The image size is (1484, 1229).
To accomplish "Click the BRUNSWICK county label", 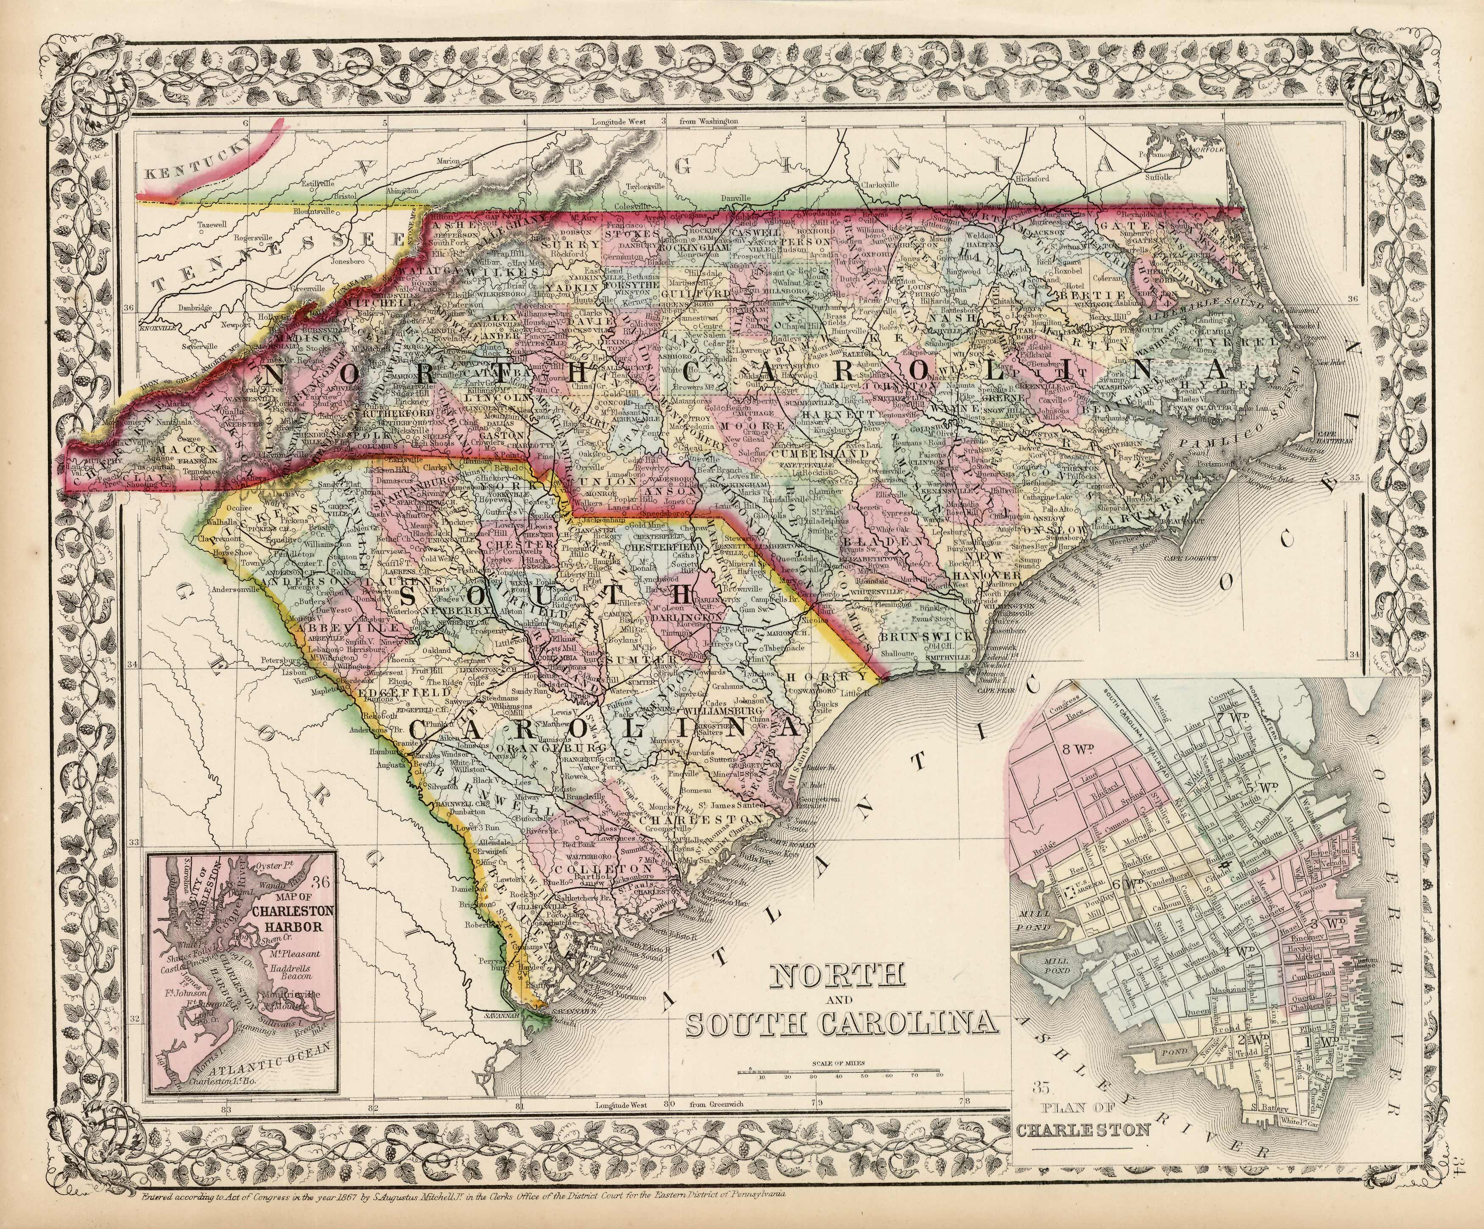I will pos(926,637).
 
